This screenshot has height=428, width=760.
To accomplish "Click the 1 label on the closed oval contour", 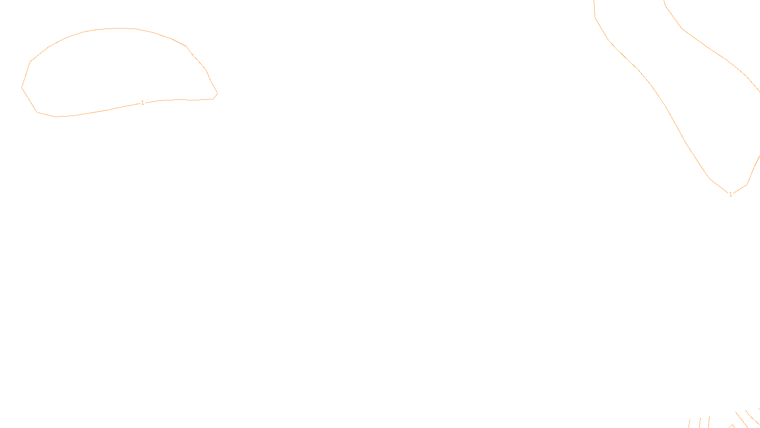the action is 142,103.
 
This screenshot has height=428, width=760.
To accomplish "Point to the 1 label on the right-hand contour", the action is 731,194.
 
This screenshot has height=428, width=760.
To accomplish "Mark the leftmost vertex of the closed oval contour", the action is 22,88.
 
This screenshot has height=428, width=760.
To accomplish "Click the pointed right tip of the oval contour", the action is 218,94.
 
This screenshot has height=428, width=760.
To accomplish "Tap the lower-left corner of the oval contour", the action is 37,112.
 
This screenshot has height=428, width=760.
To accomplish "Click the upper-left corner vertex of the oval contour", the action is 31,61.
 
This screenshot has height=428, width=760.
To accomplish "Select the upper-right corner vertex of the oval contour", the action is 186,46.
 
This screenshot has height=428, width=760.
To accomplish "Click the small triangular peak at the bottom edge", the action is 732,425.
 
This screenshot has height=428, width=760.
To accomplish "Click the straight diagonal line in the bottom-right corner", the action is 741,419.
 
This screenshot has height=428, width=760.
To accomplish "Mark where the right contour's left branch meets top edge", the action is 594,1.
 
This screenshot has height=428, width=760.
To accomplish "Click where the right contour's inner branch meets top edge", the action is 664,1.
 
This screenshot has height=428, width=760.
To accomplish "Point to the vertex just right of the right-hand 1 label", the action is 747,185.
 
